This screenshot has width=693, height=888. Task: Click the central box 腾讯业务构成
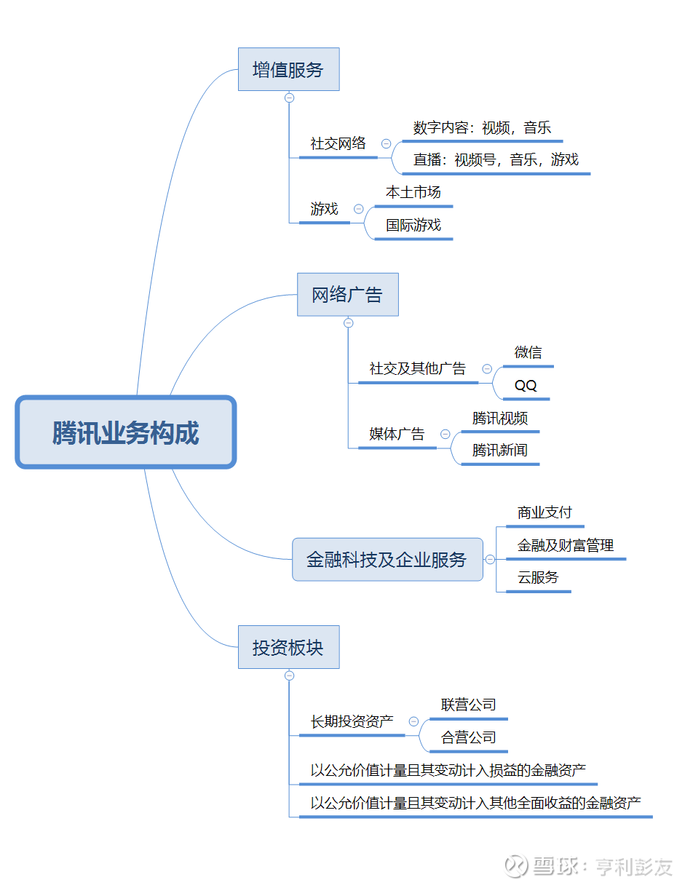[125, 432]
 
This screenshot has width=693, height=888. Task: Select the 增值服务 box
[288, 69]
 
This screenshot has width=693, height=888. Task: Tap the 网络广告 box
[348, 294]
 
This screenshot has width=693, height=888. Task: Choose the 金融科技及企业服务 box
[387, 559]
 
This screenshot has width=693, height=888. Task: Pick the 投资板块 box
[288, 647]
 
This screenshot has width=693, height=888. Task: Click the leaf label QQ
[526, 385]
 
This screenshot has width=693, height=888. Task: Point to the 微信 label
[528, 352]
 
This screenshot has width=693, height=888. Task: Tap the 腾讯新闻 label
[499, 450]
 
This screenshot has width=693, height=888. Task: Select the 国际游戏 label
[413, 225]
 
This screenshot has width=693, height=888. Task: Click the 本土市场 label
[413, 192]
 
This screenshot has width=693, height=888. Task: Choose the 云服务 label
[538, 577]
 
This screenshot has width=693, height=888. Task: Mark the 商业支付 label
[544, 512]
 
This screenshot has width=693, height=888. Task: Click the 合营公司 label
[468, 737]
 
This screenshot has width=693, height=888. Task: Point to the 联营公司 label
[468, 705]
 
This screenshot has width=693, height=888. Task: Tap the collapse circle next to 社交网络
[386, 143]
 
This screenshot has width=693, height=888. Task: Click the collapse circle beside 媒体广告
[445, 434]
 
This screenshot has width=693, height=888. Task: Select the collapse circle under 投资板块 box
[289, 675]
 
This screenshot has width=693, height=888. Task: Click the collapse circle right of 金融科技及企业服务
[490, 560]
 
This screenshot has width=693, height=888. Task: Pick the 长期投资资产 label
[352, 721]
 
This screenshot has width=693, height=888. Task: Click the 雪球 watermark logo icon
[515, 865]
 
